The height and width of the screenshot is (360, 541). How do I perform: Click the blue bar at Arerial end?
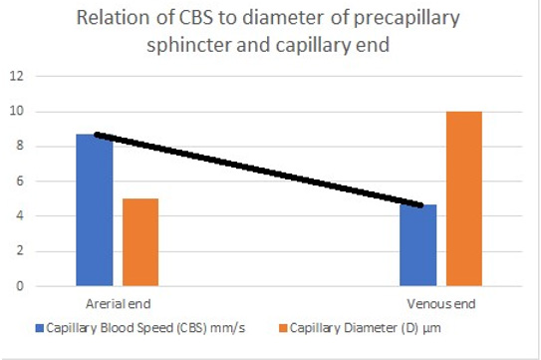(95, 210)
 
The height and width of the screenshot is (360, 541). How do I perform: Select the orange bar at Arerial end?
(140, 242)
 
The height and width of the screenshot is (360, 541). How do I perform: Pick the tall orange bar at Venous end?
(465, 198)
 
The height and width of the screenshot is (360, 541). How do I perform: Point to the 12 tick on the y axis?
(16, 76)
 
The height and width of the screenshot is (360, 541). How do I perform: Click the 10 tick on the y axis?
(16, 111)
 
